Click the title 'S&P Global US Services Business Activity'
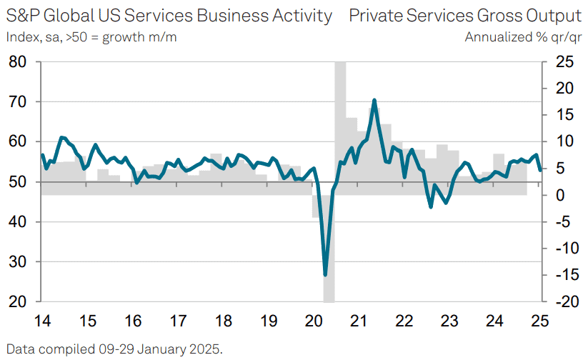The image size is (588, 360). pos(169,16)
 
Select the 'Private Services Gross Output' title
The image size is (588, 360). pos(465,16)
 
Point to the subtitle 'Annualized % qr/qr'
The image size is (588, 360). pos(523,36)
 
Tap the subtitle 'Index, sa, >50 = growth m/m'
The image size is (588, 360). pos(91,36)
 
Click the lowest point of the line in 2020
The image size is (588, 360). pos(326,274)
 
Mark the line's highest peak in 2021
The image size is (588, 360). pos(374,100)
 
